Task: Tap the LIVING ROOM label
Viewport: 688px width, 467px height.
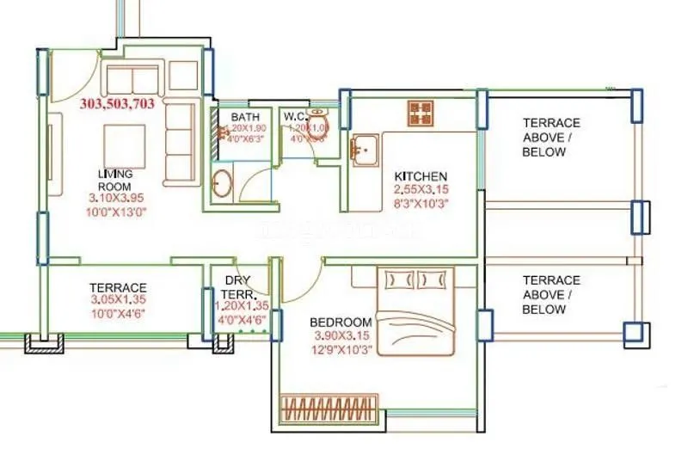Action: tap(114, 180)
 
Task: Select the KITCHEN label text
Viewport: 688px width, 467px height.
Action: tap(421, 176)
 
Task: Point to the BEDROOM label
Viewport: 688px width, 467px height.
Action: tap(341, 323)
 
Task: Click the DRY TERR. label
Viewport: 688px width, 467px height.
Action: tap(237, 286)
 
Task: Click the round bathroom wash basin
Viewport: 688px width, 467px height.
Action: tap(223, 182)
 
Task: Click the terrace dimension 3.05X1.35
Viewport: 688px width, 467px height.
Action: tap(119, 301)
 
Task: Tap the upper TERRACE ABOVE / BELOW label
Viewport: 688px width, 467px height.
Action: tap(550, 138)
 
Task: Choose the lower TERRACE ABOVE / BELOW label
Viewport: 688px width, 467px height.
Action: tap(550, 294)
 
